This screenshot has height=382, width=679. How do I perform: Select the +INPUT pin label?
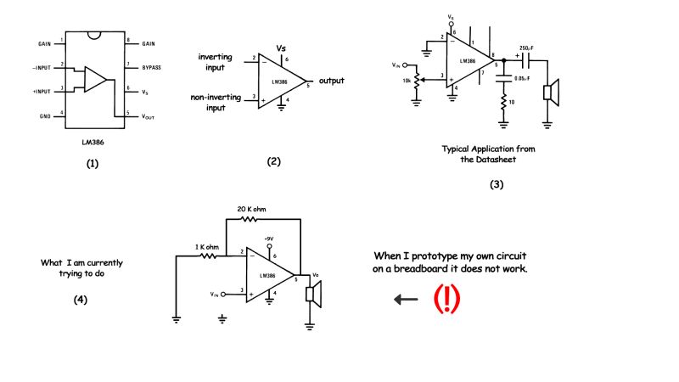(42, 89)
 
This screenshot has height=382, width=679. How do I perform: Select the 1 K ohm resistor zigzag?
(207, 255)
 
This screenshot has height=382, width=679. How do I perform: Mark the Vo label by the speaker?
(316, 274)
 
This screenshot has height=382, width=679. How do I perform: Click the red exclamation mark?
(447, 299)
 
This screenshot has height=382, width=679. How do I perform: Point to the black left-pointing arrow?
(406, 299)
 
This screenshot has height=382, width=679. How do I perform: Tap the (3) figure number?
(497, 184)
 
